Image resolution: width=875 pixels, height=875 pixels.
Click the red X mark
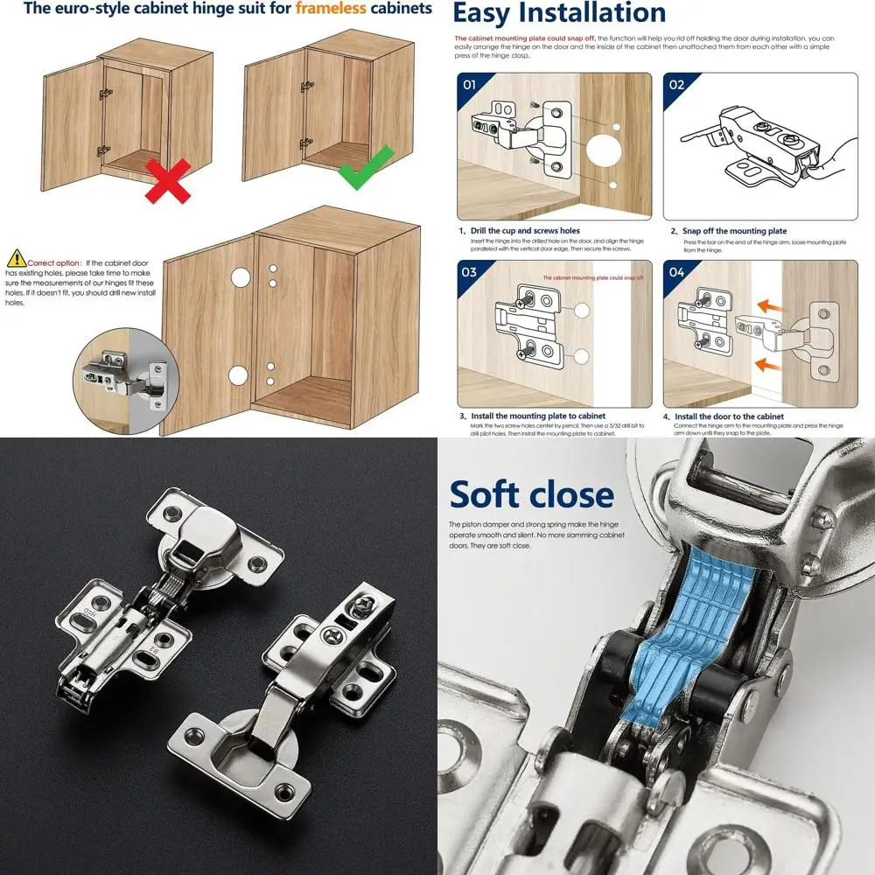click(167, 180)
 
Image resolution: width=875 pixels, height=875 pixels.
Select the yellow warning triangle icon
click(17, 258)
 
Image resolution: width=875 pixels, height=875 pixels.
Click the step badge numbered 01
click(469, 86)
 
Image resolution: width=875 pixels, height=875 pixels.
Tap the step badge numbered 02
click(676, 86)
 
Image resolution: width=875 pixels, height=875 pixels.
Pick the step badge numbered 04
click(676, 272)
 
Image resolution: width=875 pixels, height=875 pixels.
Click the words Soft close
click(532, 494)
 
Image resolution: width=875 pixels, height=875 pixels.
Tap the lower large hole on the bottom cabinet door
click(238, 376)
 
